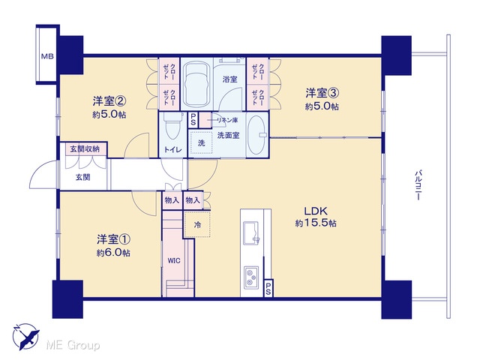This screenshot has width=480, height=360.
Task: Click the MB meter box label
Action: click(47, 56)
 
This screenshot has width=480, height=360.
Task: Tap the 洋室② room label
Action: click(109, 100)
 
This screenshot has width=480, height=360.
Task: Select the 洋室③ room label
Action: click(322, 92)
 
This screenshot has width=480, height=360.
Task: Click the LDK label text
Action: click(316, 211)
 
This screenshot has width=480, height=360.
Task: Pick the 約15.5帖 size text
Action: click(316, 223)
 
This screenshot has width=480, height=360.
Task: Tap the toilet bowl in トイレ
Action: click(172, 127)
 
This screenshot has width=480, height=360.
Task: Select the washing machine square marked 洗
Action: click(201, 142)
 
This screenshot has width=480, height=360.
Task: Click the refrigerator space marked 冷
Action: click(197, 225)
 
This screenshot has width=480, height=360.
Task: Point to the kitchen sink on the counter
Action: click(251, 233)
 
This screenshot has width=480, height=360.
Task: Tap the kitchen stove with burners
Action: click(251, 277)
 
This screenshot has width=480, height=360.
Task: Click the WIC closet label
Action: click(173, 261)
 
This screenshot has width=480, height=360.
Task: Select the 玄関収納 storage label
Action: click(85, 149)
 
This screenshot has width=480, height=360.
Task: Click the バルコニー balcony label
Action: click(418, 185)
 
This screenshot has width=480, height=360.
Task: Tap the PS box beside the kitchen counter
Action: click(268, 288)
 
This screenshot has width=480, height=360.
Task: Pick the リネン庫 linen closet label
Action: click(227, 120)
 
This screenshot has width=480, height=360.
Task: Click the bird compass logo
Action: click(25, 336)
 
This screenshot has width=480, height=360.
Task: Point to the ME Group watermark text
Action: click(73, 346)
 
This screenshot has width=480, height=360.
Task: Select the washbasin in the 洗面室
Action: click(256, 135)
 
